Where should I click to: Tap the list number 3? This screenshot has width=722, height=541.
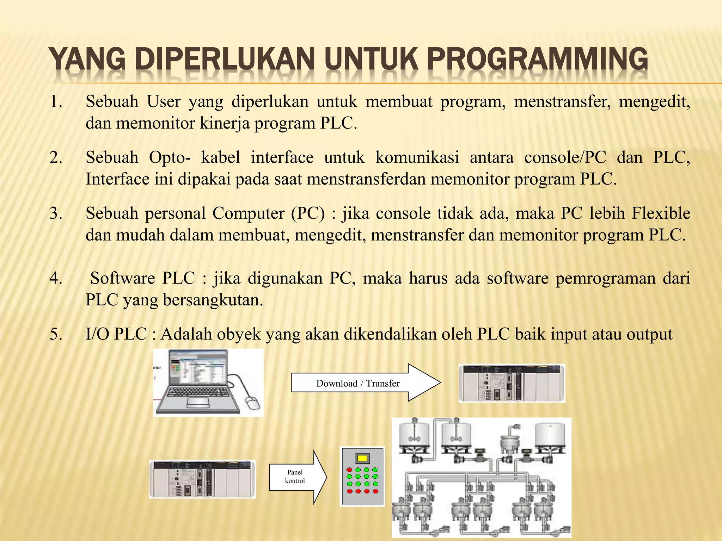point(56,213)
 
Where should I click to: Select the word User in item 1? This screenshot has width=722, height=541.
point(164,102)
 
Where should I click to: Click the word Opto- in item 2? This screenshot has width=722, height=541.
point(170,157)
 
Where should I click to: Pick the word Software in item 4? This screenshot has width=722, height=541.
point(123,278)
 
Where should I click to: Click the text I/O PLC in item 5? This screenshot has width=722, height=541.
point(116,334)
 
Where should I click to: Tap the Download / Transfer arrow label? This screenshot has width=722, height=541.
point(358,383)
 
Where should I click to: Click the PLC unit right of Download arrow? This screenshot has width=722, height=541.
point(512,383)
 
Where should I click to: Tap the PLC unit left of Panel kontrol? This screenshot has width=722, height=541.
point(202,479)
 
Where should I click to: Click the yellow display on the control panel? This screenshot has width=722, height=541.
point(362,458)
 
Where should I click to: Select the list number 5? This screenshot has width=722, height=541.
point(56,334)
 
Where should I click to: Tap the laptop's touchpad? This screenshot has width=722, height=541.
point(197,402)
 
